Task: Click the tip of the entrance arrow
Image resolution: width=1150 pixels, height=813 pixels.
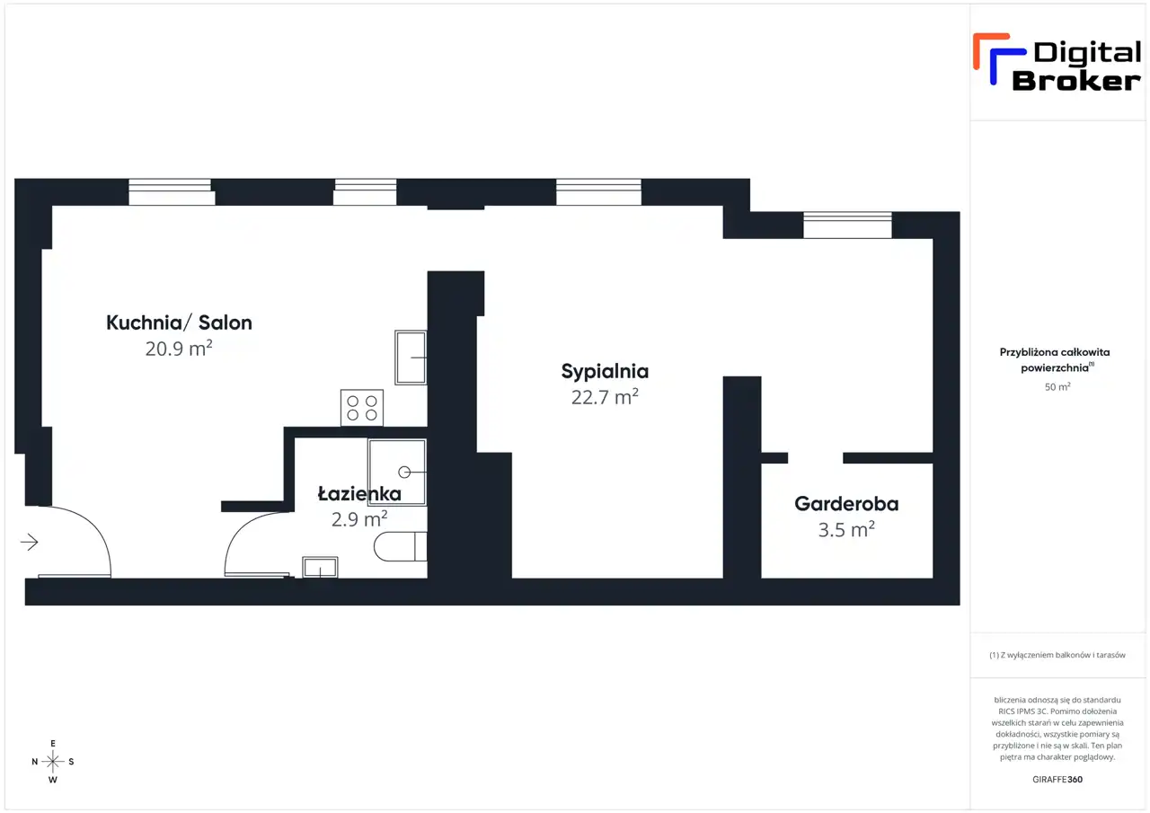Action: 38,542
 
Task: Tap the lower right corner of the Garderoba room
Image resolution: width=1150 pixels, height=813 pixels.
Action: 933,578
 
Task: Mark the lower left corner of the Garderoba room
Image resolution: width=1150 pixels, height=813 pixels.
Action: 761,578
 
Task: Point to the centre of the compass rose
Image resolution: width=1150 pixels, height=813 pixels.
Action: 53,761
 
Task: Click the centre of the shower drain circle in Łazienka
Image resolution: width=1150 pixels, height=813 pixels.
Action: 404,473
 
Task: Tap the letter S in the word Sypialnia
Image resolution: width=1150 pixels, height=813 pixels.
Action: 567,371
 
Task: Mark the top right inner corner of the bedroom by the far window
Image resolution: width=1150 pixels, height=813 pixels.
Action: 933,239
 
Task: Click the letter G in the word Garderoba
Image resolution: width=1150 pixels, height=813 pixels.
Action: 802,504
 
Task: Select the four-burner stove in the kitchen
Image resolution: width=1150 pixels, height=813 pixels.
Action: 362,408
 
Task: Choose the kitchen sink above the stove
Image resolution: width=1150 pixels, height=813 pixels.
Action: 411,358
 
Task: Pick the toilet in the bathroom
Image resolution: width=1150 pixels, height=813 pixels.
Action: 401,546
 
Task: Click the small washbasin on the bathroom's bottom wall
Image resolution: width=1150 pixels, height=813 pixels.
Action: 320,567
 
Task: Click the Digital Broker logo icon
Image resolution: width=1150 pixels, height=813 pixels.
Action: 999,58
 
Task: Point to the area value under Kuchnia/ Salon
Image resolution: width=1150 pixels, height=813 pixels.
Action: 179,349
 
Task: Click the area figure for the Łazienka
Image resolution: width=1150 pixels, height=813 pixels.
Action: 359,519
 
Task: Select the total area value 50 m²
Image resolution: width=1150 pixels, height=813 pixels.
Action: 1057,386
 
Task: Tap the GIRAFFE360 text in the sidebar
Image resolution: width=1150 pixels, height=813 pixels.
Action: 1057,779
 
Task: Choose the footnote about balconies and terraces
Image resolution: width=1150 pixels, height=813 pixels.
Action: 1057,655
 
